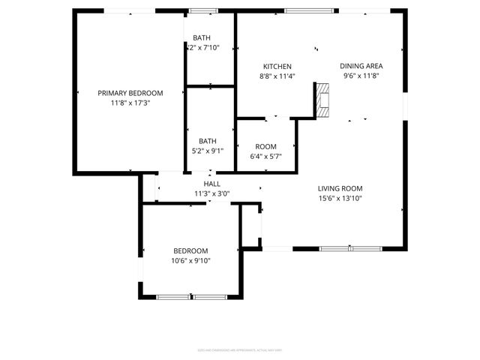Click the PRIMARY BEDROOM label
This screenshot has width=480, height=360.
[130, 93]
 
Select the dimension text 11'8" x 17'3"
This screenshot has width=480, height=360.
[130, 103]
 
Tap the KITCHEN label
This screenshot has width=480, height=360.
[277, 66]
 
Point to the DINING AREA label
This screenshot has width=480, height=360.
[362, 66]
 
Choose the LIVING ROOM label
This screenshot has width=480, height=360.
[340, 189]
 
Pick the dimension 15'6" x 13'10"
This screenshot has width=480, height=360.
[340, 199]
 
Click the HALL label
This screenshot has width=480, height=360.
[211, 183]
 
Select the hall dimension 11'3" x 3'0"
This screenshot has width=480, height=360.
[211, 193]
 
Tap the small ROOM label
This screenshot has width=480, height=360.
[265, 146]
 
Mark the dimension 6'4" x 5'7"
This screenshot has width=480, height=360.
[265, 156]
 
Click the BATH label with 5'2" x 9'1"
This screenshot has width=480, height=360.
[208, 141]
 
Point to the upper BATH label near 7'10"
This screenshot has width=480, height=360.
[202, 37]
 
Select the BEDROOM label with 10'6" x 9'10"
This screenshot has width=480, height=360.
[190, 250]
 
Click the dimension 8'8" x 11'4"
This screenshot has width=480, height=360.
[277, 76]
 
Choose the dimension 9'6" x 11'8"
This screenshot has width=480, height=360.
[362, 76]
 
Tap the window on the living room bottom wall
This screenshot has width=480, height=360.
[350, 248]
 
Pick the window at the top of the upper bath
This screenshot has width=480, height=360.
[199, 11]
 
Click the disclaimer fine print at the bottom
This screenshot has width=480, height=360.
[240, 349]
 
